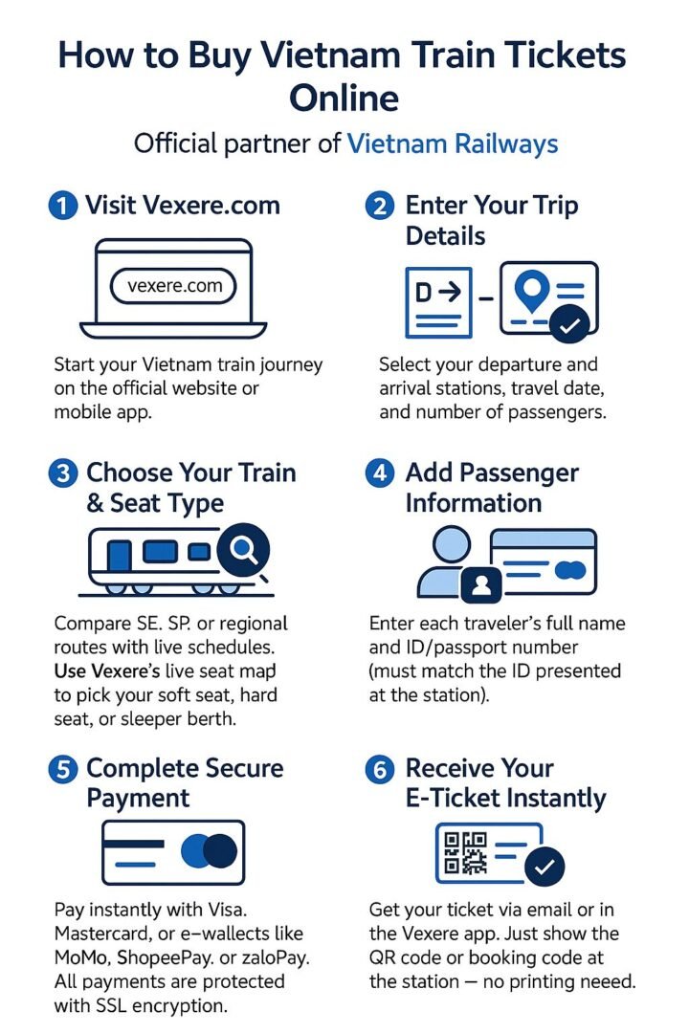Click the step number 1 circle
[x=62, y=206]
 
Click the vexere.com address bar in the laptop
[x=173, y=285]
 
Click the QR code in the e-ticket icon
[x=462, y=853]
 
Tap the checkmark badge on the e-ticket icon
[x=543, y=867]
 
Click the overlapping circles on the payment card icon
[x=210, y=849]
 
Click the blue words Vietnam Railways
[x=452, y=144]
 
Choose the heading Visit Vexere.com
[x=182, y=206]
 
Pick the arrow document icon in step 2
[x=439, y=301]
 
